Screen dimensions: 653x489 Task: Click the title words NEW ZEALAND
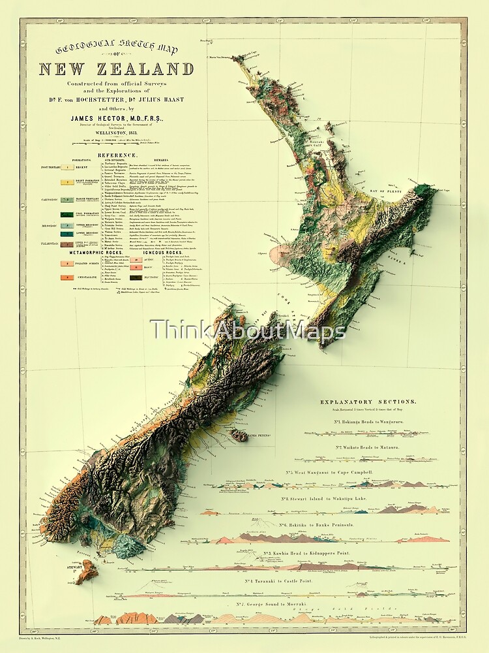click(116, 69)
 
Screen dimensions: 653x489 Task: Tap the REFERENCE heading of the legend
click(117, 155)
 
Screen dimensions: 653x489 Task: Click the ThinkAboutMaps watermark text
click(248, 331)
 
